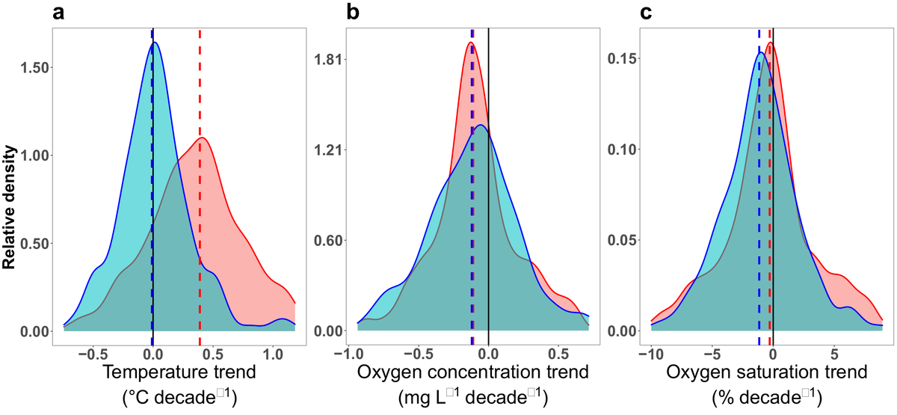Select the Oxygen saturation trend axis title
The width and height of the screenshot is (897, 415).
tap(759, 372)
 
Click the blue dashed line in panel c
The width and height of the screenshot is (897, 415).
tap(759, 224)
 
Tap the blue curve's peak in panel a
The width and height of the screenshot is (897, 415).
tap(154, 43)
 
